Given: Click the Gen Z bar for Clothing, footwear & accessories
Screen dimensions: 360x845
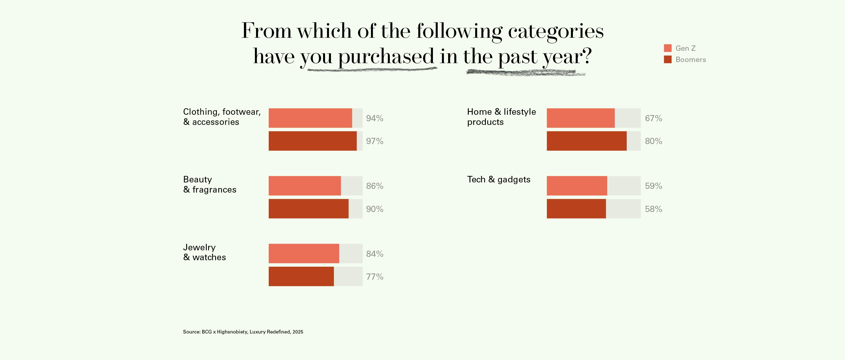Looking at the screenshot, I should click(x=310, y=118).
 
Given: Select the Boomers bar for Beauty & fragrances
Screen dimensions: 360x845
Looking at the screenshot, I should click(x=308, y=209).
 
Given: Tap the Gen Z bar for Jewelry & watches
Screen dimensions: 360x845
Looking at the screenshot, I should click(x=304, y=253).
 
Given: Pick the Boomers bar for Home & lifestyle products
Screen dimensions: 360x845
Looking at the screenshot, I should click(x=586, y=141).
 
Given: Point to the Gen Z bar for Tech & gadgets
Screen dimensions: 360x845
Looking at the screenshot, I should click(x=577, y=186).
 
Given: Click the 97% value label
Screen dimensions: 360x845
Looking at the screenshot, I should click(x=375, y=141).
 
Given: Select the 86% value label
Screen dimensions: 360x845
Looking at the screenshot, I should click(x=375, y=186).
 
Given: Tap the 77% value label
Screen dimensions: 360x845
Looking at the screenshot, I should click(x=375, y=277).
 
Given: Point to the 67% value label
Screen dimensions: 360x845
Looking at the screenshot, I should click(x=653, y=118).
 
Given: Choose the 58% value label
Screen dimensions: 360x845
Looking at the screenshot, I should click(x=653, y=209).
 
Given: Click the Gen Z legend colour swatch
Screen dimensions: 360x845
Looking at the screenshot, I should click(x=668, y=48).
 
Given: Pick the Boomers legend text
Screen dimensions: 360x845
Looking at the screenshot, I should click(x=690, y=60).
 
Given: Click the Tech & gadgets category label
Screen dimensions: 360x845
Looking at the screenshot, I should click(x=499, y=180).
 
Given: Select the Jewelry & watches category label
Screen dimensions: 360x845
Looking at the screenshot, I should click(x=204, y=252).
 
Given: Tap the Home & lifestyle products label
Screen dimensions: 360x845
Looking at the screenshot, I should click(x=501, y=116).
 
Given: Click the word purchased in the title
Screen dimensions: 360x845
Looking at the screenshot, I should click(x=386, y=57).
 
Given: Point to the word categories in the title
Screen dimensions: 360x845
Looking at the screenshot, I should click(x=556, y=32).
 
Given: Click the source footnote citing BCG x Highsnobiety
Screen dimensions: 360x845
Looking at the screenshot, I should click(x=243, y=332).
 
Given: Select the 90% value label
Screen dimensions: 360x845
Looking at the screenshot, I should click(x=375, y=209).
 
